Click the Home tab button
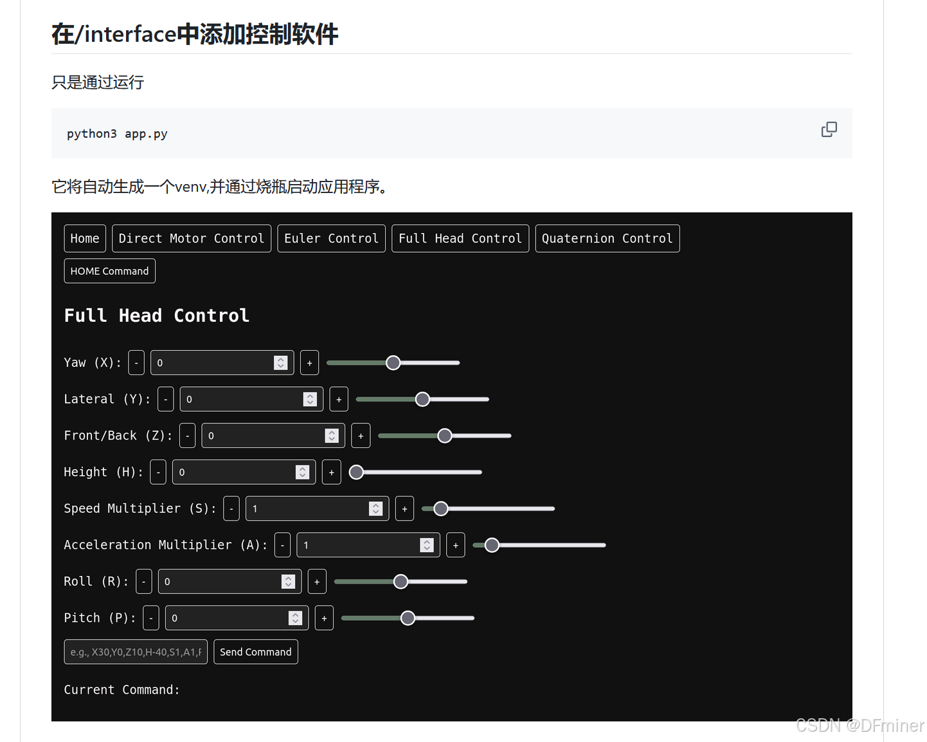(x=85, y=239)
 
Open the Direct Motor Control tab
(x=192, y=239)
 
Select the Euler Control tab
(x=331, y=239)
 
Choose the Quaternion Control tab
(x=607, y=239)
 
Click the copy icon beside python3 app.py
(x=829, y=130)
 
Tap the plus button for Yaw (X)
(x=309, y=363)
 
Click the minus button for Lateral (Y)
(x=166, y=400)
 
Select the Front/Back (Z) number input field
(x=264, y=436)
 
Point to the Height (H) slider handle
(x=356, y=472)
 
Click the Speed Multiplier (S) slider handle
(x=441, y=509)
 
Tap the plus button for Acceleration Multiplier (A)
(x=456, y=546)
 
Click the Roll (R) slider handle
(x=401, y=582)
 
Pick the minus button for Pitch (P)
(x=151, y=618)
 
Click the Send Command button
(x=255, y=652)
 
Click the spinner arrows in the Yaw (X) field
(x=280, y=363)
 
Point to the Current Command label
(x=122, y=690)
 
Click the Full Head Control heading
(x=156, y=316)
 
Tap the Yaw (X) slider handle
(x=393, y=363)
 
